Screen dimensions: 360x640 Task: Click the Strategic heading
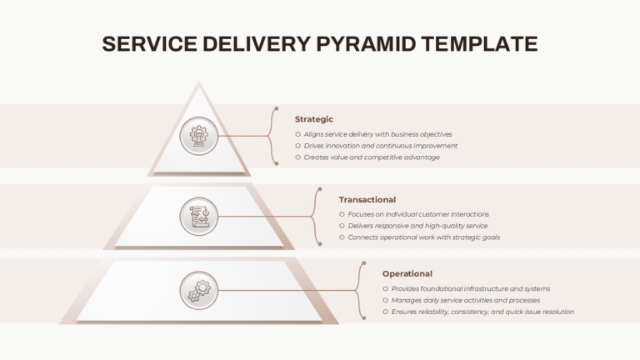coord(314,119)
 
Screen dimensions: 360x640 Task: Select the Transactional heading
coord(367,200)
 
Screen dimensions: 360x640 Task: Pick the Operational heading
coord(407,273)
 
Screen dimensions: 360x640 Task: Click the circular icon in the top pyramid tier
coord(198,134)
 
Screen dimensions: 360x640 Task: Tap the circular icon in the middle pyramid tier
coord(198,217)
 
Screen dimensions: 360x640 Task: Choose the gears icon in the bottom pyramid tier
coord(198,291)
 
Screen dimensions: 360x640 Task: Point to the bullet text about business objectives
coord(377,134)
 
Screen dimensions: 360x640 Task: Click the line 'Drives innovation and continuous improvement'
coord(380,146)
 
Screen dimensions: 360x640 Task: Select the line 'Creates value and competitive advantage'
coord(372,157)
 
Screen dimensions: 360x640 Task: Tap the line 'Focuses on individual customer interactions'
coord(418,214)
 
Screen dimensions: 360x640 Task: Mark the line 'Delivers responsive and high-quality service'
coord(417,226)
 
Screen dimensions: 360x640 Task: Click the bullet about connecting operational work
coord(423,237)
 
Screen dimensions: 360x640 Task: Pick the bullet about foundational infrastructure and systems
coord(470,288)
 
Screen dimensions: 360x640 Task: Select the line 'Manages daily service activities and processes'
coord(465,300)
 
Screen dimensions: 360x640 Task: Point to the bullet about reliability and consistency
coord(482,312)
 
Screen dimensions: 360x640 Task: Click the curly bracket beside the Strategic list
coord(272,135)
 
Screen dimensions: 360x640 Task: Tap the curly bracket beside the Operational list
coord(361,290)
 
